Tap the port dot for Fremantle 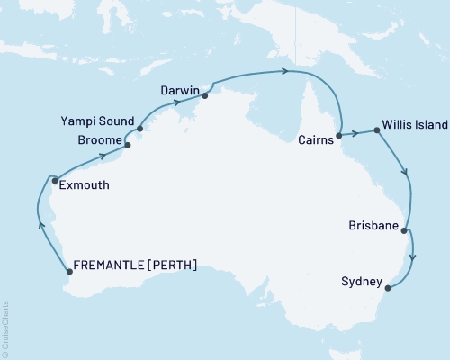click(x=70, y=271)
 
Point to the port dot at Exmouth click(x=55, y=180)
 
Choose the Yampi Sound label click(x=97, y=121)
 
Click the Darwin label click(x=180, y=90)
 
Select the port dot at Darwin click(x=205, y=95)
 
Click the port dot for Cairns click(x=338, y=137)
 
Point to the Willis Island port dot click(x=376, y=130)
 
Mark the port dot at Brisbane click(x=405, y=230)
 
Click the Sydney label click(x=360, y=282)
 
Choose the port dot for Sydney click(x=388, y=288)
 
